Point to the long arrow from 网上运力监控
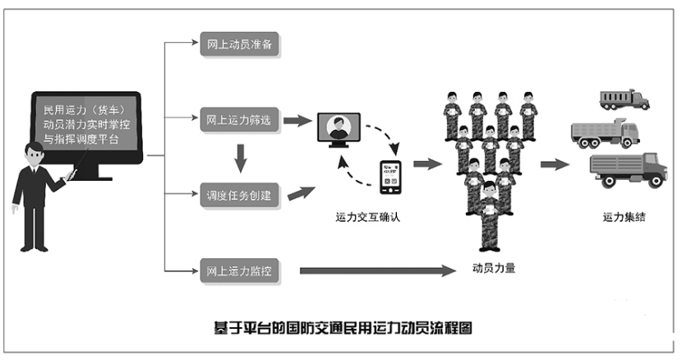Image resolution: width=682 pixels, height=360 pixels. coord(377,270)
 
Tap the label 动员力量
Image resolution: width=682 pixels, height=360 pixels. coord(494,267)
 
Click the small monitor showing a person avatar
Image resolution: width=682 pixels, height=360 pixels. coord(339,132)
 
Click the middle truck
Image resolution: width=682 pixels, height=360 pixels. coord(604,133)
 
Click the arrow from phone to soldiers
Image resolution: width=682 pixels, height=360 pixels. coord(427,164)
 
